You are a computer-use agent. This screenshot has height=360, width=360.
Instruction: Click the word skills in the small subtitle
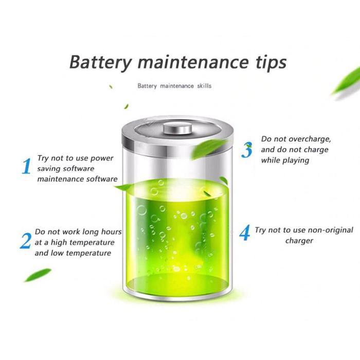coord(203,86)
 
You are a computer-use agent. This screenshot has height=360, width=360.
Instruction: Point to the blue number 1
coord(26,167)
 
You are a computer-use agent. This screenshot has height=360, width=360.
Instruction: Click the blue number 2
coord(25,241)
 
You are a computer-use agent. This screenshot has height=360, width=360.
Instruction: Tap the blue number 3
coord(248,150)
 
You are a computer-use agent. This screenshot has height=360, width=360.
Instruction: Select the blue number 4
coord(245,233)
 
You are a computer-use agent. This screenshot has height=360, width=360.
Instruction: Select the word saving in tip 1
coord(50,169)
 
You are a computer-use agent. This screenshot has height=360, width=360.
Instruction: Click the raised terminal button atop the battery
coord(177,127)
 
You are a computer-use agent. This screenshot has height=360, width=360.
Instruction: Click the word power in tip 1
coord(102,158)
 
